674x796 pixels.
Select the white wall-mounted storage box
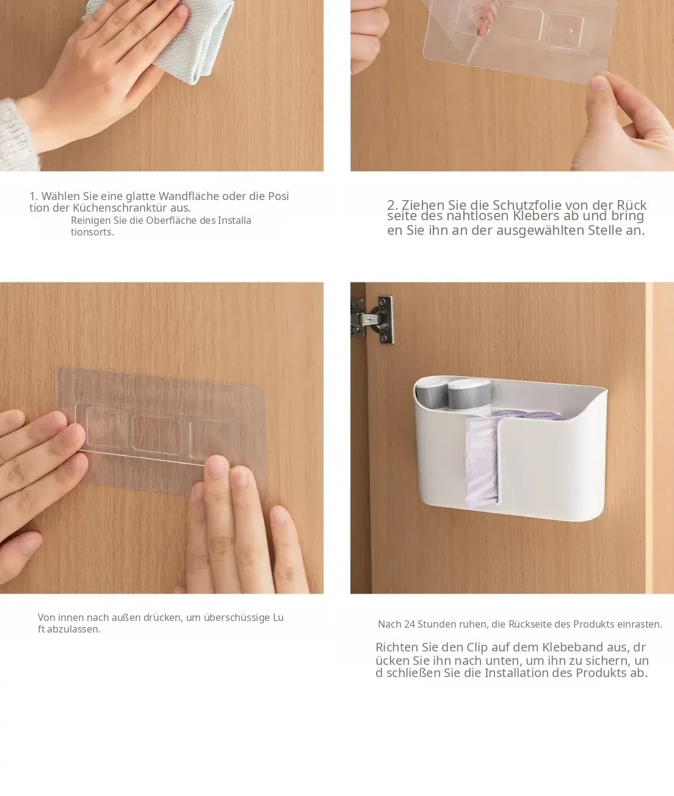[511, 449]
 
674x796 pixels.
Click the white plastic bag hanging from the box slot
[481, 462]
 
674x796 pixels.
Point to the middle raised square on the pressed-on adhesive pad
[156, 432]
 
